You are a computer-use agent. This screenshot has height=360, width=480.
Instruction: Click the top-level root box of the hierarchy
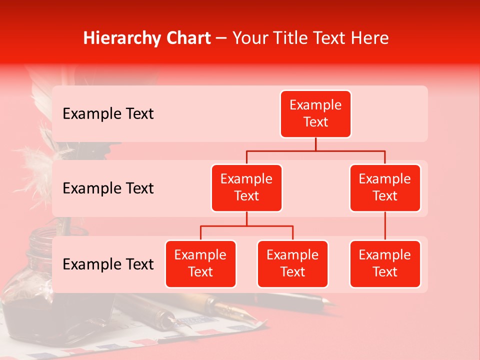pos(315,113)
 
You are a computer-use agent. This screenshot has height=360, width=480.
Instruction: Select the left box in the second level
pos(246,187)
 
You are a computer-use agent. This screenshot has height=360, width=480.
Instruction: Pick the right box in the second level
pos(385,187)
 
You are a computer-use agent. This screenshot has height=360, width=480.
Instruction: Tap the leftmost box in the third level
pos(200,263)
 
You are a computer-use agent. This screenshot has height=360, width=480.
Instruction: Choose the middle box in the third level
pos(292,263)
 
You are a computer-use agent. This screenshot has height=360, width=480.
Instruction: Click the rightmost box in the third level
pos(385,263)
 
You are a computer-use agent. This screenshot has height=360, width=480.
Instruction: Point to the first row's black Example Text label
pos(108,114)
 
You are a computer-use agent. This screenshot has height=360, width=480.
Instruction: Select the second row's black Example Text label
pos(108,188)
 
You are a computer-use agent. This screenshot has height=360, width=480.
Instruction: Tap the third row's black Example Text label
pos(108,264)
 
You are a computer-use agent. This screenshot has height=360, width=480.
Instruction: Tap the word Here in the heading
pos(370,38)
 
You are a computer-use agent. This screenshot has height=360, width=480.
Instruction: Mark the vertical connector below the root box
pos(315,144)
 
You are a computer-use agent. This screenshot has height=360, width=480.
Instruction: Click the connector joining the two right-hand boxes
pos(385,226)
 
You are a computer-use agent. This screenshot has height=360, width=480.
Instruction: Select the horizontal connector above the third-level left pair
pos(246,226)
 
